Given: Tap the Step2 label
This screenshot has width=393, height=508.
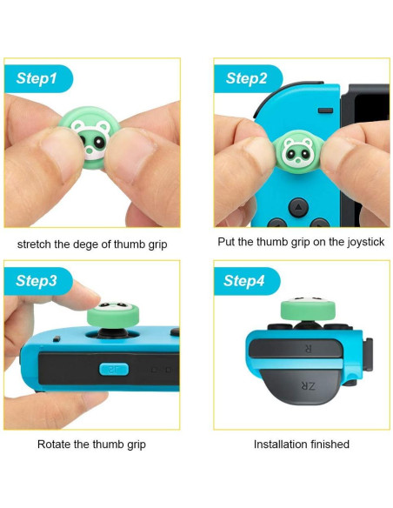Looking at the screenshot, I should [x=247, y=78].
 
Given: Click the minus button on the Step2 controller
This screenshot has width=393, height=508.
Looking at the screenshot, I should [x=323, y=110].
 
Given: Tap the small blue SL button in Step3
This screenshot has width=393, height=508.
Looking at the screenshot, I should [x=112, y=369].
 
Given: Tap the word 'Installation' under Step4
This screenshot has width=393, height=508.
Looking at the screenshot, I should [x=283, y=444].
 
